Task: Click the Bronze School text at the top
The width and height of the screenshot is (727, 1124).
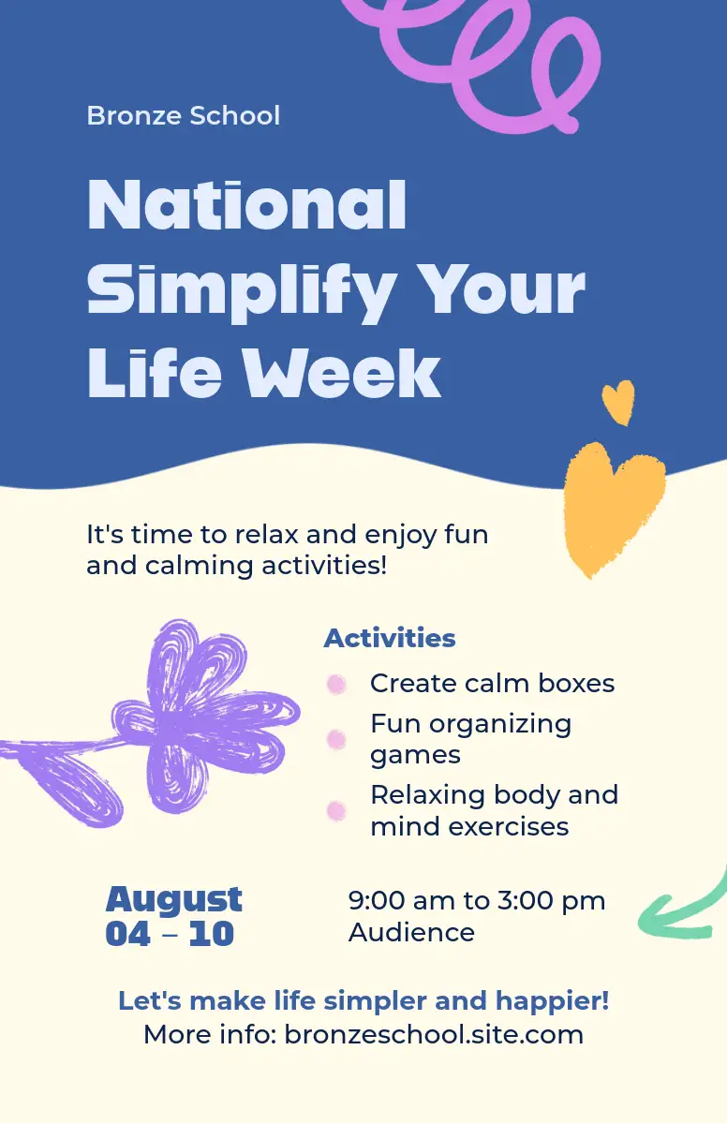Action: tap(183, 115)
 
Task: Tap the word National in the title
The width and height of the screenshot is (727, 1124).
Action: tap(246, 205)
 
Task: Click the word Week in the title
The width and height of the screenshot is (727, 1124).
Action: tap(342, 374)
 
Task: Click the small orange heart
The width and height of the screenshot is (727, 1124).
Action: tap(618, 403)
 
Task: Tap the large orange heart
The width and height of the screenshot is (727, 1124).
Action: tap(613, 507)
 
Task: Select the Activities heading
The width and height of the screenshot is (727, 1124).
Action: tap(390, 638)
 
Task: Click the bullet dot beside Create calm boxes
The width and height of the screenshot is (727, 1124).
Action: tap(336, 684)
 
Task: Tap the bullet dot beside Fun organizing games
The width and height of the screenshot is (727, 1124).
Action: tap(336, 739)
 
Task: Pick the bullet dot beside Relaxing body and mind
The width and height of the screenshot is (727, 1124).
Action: tap(336, 811)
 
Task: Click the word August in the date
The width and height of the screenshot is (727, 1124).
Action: tap(174, 900)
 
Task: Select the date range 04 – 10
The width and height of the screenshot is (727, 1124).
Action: tap(171, 934)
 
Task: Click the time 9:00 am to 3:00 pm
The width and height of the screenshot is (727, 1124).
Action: tap(477, 900)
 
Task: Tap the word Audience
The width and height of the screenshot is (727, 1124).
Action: tap(411, 932)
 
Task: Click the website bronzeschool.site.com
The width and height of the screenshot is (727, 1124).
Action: tap(434, 1035)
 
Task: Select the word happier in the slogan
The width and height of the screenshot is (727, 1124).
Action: tap(552, 1001)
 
